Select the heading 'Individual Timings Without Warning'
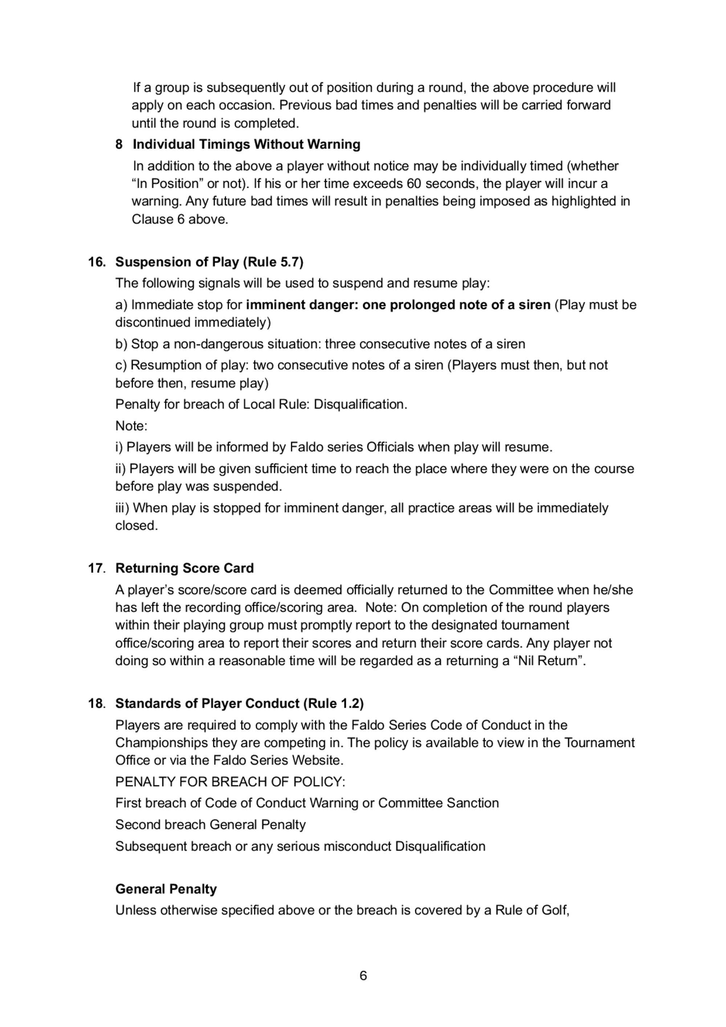pos(246,144)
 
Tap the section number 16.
pos(97,262)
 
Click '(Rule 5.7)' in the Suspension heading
pos(273,262)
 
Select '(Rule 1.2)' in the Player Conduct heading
pos(333,704)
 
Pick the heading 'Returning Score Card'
pos(184,568)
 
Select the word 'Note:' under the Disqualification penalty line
pos(131,426)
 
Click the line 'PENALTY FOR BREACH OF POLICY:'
pos(230,782)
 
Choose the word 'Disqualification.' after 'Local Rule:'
pos(360,404)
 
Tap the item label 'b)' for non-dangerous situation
pos(121,344)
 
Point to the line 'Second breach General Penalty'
pos(210,825)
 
